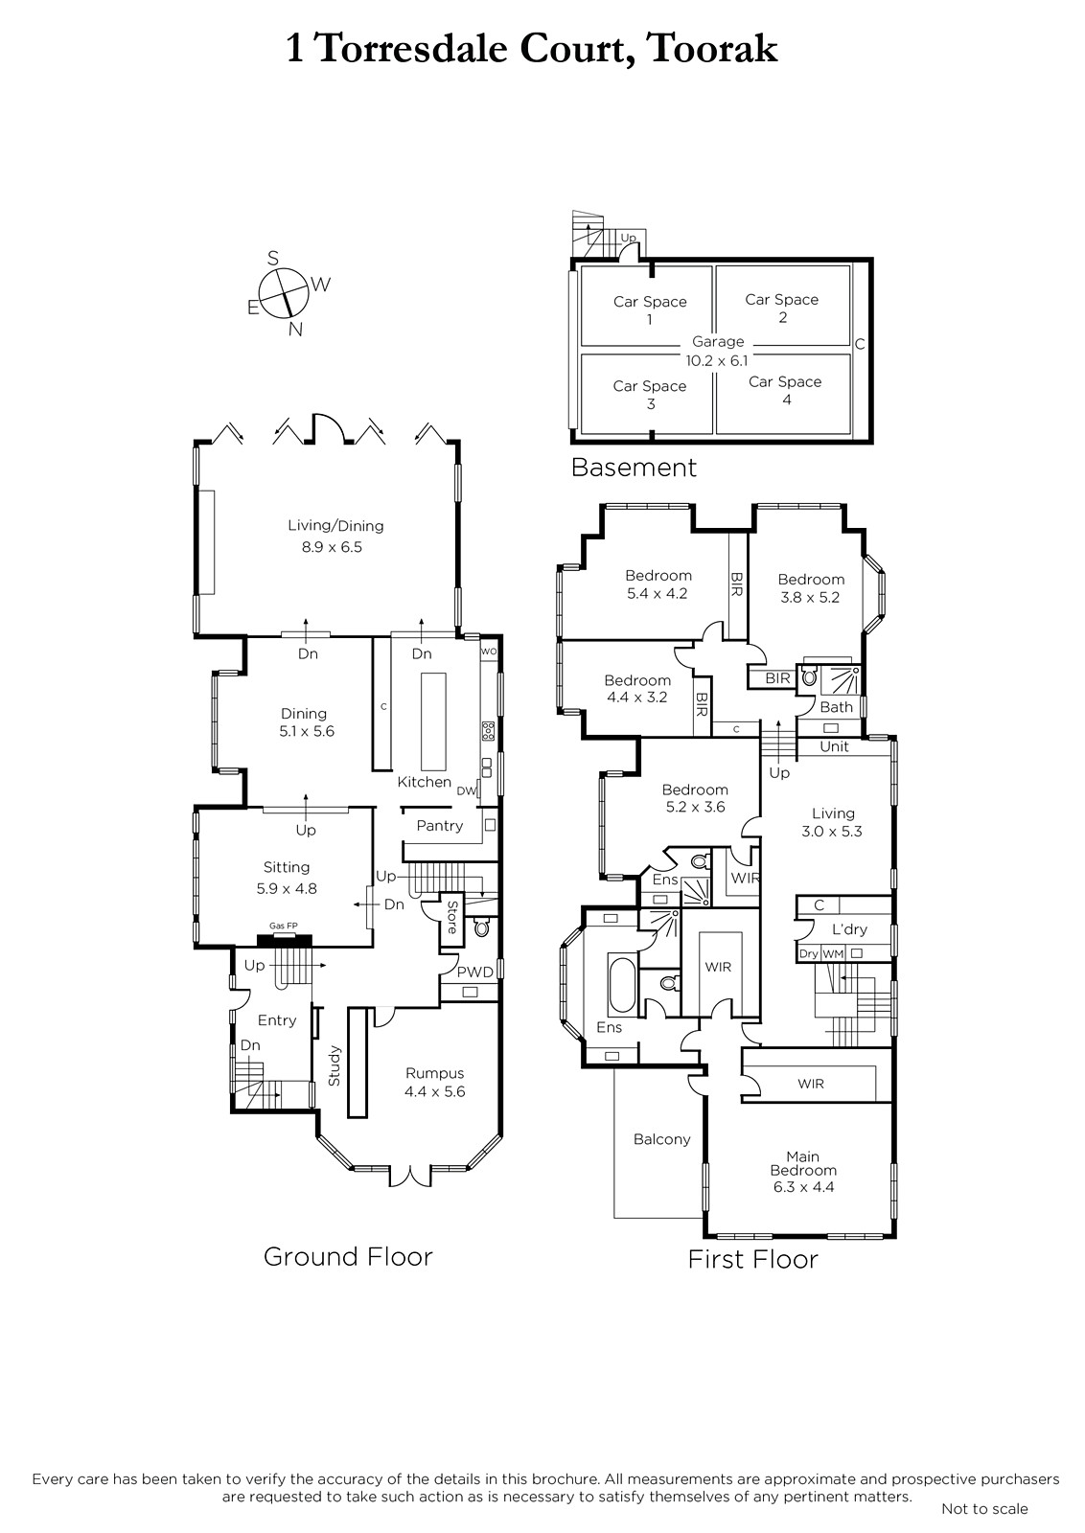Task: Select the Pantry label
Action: click(440, 825)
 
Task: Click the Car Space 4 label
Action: click(785, 390)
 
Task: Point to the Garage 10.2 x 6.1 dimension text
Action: click(717, 351)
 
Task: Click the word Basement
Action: click(634, 468)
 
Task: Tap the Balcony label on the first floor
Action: click(661, 1139)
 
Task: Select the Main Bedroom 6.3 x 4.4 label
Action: click(803, 1171)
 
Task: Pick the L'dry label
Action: click(849, 929)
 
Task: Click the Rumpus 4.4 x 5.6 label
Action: click(434, 1082)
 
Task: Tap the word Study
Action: click(335, 1065)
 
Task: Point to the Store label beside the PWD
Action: click(451, 917)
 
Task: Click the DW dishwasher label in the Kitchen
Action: click(466, 791)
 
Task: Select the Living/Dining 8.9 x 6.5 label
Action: click(335, 536)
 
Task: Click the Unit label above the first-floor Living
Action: click(834, 746)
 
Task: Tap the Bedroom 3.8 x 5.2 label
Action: click(811, 588)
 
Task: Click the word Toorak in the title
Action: click(712, 49)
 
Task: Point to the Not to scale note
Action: click(984, 1508)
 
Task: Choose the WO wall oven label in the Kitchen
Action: click(488, 651)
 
